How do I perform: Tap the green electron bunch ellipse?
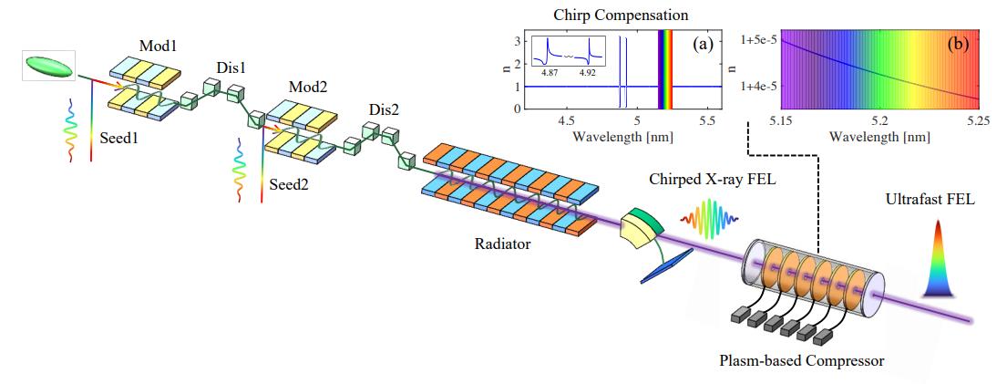[x=51, y=66]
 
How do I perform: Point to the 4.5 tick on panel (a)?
[x=567, y=120]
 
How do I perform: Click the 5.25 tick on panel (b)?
[x=978, y=120]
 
